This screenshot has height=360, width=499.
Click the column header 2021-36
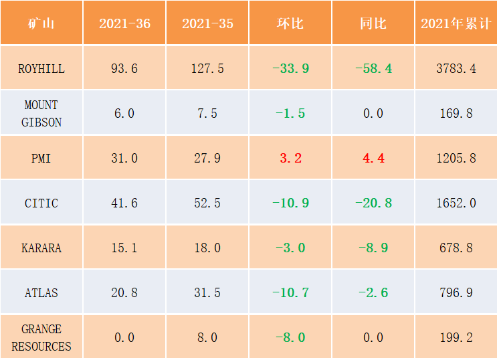coord(124,23)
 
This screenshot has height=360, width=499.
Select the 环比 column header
coord(290,23)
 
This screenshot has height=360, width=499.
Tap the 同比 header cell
coord(373,23)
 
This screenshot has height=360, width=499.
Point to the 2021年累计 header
coord(456,23)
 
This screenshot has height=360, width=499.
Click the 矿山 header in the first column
coord(41,23)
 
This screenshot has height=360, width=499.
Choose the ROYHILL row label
coord(41,69)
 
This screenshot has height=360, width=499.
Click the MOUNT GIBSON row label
coord(41,114)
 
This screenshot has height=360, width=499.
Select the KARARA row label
coord(41,248)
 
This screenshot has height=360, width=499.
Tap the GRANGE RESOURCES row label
coord(41,338)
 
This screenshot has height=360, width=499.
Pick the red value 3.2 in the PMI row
coord(290,158)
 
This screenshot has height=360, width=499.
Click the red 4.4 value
coord(374,158)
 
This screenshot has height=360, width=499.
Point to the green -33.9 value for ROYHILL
coord(290,69)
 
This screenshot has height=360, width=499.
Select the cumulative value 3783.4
coord(456,69)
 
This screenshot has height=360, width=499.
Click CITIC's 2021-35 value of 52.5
coord(207,203)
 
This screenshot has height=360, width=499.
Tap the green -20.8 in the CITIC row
coord(374,203)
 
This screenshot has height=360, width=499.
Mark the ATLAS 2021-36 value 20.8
coord(124,293)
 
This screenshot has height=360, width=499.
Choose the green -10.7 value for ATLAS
coord(290,293)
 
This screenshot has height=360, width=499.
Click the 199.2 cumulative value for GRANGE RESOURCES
coord(456,338)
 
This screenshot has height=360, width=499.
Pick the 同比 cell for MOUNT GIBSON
coord(373,114)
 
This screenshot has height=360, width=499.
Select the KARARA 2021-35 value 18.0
coord(207,248)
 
